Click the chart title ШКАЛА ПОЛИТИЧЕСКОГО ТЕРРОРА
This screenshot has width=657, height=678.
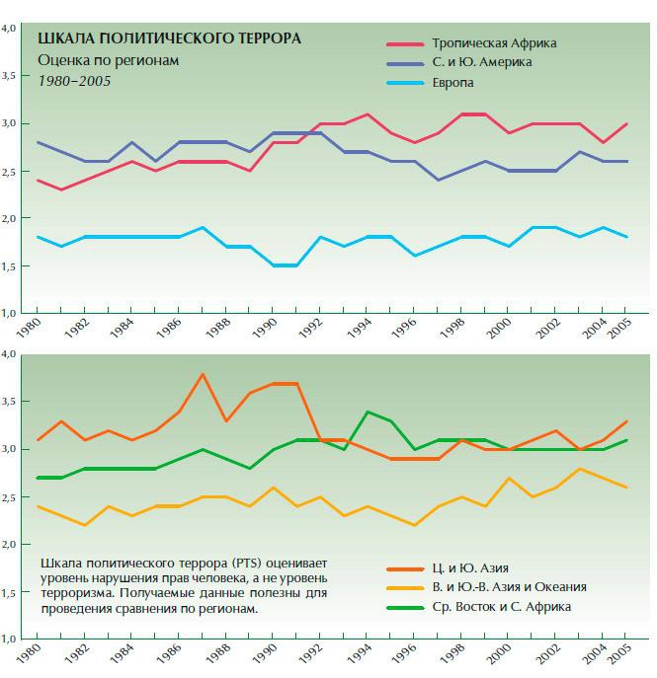[x=169, y=39]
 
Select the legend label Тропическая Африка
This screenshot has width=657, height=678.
[x=495, y=43]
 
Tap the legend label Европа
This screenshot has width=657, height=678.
[x=453, y=83]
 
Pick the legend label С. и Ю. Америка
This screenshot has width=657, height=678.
[x=481, y=63]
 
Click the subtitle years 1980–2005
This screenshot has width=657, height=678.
[x=75, y=80]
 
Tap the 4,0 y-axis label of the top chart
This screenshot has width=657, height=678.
[x=10, y=29]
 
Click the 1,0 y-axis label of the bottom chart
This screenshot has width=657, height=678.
[x=10, y=640]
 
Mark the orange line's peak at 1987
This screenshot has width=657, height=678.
[x=202, y=375]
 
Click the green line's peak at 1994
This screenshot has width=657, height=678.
[x=368, y=412]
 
